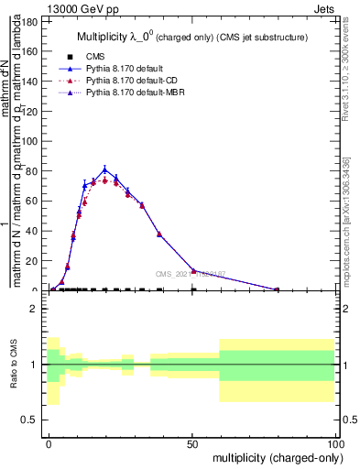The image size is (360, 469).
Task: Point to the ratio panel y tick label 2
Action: pyautogui.click(x=38, y=309)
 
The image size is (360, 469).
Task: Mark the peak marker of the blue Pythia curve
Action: pyautogui.click(x=105, y=169)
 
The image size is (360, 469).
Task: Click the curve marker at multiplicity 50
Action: pyautogui.click(x=192, y=271)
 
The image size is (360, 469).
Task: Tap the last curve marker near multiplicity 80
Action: pyautogui.click(x=278, y=289)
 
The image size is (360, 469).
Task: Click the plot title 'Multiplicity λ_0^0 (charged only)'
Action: pyautogui.click(x=191, y=37)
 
